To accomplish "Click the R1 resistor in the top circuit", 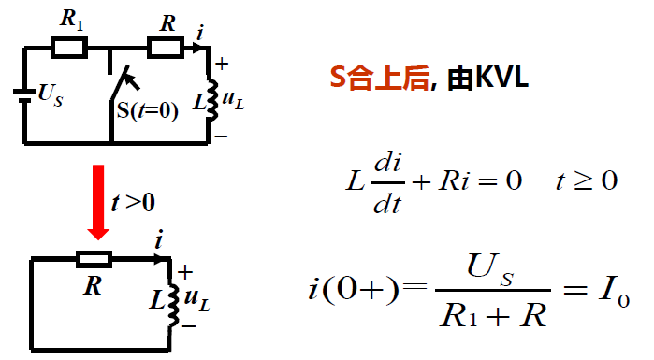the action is (x=68, y=47).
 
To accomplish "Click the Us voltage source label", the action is (x=50, y=94).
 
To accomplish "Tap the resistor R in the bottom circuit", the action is (x=94, y=259).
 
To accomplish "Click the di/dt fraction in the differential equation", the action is (x=385, y=182).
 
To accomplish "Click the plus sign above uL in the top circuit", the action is (x=223, y=65).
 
